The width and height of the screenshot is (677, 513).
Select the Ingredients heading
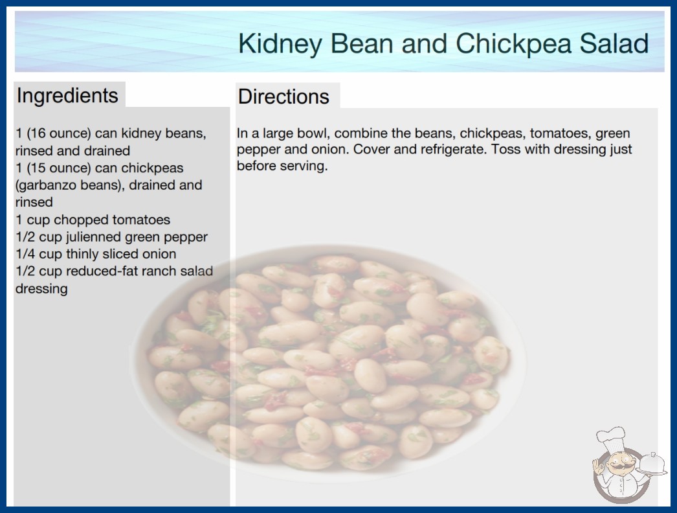pyautogui.click(x=67, y=96)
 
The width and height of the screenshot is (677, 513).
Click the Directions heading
pyautogui.click(x=283, y=97)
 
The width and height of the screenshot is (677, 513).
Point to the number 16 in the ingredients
pyautogui.click(x=38, y=133)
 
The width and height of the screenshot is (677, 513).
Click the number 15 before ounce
pyautogui.click(x=38, y=168)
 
